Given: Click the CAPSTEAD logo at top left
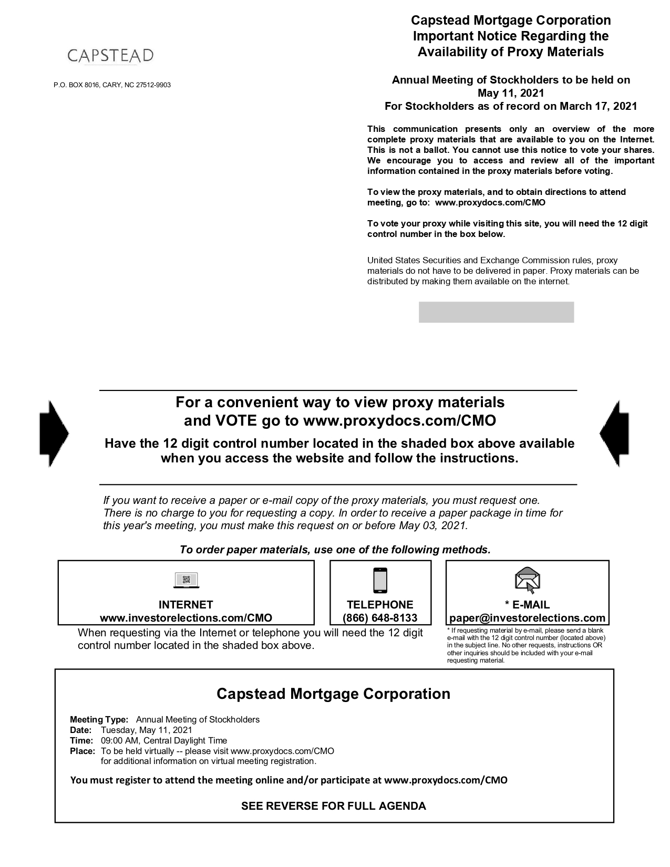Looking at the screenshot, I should [x=110, y=56].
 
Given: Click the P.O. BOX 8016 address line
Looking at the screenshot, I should [x=112, y=85].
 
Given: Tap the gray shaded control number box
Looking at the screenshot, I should [x=496, y=312].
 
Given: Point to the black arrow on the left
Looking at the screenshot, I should [x=54, y=434].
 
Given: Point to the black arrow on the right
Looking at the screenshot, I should [x=614, y=434].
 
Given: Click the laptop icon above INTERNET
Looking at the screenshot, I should [x=186, y=580].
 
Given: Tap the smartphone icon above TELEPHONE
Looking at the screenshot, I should [x=379, y=580].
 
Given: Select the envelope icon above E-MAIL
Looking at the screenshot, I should [x=527, y=580].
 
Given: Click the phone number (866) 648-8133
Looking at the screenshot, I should [x=379, y=618].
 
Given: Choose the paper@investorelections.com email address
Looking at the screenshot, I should [x=527, y=618].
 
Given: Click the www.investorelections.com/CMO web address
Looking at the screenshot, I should [x=186, y=618].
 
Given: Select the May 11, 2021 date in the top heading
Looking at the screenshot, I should [x=510, y=93].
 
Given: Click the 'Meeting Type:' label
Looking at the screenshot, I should [x=99, y=719].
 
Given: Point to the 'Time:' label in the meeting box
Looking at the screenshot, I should [x=81, y=740].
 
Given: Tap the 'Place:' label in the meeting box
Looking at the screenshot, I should [x=83, y=751].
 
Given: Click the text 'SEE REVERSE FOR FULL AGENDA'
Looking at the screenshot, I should [x=333, y=806].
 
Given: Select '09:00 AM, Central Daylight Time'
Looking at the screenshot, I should [x=164, y=740].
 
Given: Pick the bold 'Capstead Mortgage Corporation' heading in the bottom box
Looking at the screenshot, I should [x=333, y=694].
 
